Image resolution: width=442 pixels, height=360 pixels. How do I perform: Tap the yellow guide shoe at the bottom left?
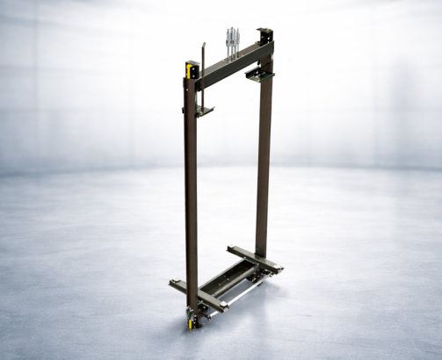pos(190,320)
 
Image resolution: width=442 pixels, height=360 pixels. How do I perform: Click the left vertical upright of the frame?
pos(191,193)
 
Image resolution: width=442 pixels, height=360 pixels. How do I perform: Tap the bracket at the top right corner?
pos(264,37)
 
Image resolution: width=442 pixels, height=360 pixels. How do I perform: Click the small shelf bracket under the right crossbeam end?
pos(259,76)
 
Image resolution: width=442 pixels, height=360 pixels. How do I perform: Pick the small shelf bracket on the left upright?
pos(205,111)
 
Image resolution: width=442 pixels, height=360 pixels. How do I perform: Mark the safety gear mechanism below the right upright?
pos(256,277)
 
